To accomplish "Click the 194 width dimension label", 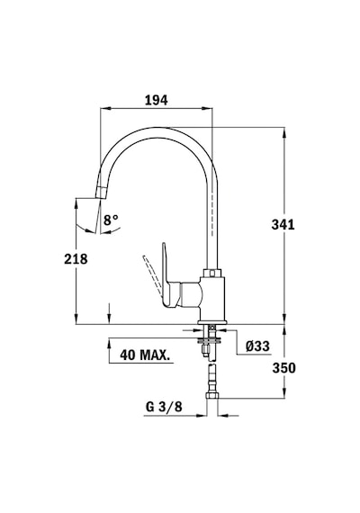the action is coord(156,100).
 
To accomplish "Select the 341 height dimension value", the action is coord(283,224).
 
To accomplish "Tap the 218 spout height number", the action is coord(76,259).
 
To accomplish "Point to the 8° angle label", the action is coord(111,220).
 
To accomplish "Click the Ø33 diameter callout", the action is coord(258,346).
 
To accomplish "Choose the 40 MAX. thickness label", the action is coord(145,355).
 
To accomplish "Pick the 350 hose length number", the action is coord(283,368).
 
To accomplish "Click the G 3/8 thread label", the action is coord(164,407).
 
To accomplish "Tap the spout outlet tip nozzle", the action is coord(101,192).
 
